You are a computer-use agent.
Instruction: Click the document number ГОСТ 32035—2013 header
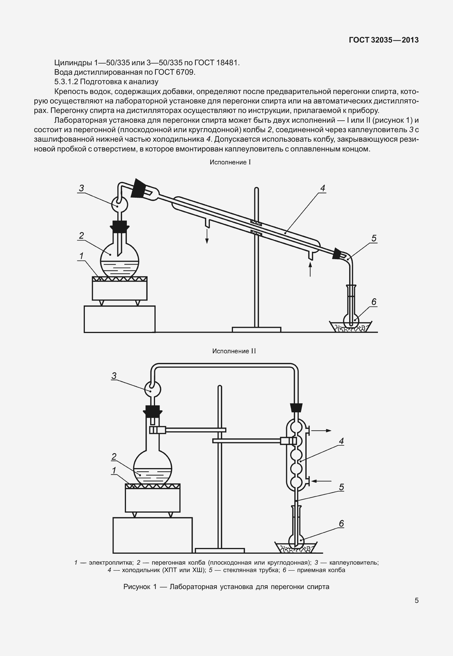pyautogui.click(x=384, y=40)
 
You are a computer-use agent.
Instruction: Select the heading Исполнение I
pyautogui.click(x=230, y=162)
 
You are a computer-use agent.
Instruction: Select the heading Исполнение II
pyautogui.click(x=234, y=351)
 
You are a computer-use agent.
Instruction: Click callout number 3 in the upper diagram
pyautogui.click(x=81, y=188)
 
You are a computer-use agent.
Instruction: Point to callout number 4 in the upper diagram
pyautogui.click(x=322, y=188)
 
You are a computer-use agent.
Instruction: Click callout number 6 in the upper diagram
pyautogui.click(x=374, y=302)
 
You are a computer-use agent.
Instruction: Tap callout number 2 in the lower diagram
pyautogui.click(x=114, y=457)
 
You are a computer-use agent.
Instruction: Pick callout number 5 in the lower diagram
pyautogui.click(x=341, y=487)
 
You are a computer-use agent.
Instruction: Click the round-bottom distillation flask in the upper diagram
pyautogui.click(x=119, y=260)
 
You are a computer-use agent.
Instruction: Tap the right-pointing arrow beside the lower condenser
pyautogui.click(x=321, y=431)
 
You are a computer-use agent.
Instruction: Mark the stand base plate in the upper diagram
pyautogui.click(x=256, y=330)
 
